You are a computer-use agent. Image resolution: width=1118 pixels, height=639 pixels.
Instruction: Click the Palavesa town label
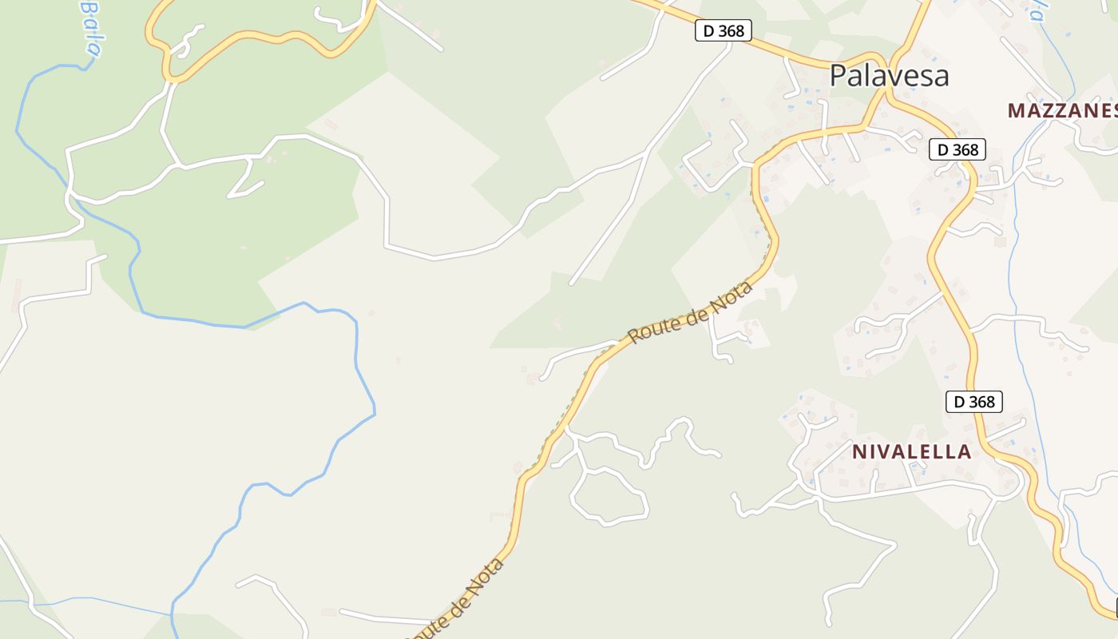click(889, 76)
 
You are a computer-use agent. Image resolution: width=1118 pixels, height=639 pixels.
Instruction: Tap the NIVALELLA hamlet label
click(911, 452)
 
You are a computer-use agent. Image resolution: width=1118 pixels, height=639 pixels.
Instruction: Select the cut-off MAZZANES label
click(1062, 111)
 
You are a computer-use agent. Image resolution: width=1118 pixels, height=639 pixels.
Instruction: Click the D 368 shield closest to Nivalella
click(973, 402)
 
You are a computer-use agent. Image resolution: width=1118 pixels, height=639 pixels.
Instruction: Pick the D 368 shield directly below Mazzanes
click(957, 149)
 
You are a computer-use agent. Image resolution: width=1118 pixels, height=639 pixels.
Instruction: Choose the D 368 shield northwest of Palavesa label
click(724, 31)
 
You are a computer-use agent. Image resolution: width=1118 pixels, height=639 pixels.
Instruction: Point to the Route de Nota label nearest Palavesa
click(691, 312)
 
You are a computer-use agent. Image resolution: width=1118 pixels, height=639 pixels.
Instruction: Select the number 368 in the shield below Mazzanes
click(965, 149)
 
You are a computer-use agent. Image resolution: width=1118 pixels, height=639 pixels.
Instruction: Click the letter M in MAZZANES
click(1016, 111)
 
